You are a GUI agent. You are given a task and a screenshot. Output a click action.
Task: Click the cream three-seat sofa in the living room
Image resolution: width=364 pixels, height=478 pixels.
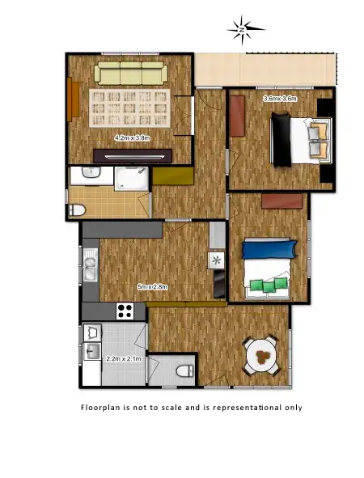pos(130,74)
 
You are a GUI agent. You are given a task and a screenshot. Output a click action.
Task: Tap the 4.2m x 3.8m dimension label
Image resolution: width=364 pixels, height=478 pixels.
pos(133,137)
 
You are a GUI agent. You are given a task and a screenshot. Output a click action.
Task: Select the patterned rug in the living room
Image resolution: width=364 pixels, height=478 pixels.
pos(129,108)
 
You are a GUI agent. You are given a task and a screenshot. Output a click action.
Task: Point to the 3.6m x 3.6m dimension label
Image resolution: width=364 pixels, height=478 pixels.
pos(281,99)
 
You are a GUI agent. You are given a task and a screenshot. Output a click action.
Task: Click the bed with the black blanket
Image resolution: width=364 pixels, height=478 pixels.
pos(298,138)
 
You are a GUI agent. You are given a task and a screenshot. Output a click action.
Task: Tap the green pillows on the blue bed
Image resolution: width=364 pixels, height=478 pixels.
pos(269,284)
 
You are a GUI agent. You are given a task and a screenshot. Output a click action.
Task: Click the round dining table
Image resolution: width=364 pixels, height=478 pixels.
pos(262,355)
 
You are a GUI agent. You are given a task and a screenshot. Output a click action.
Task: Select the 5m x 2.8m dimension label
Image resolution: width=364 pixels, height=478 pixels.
pos(153,286)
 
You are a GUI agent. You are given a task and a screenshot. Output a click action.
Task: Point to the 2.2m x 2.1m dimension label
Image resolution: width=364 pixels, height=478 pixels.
pos(123,357)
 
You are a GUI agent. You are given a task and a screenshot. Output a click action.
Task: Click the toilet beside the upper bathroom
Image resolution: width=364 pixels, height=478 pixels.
pos(77,210)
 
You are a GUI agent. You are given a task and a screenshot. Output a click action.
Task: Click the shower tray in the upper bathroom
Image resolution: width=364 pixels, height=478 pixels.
pos(130,178)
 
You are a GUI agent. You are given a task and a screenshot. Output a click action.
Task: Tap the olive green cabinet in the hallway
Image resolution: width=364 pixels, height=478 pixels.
pos(172,176)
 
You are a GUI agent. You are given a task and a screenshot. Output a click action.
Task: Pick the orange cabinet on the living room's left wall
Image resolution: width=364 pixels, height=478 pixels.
pos(74,99)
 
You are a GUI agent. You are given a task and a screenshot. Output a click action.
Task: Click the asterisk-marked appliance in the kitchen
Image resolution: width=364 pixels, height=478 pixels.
pos(216,260)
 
